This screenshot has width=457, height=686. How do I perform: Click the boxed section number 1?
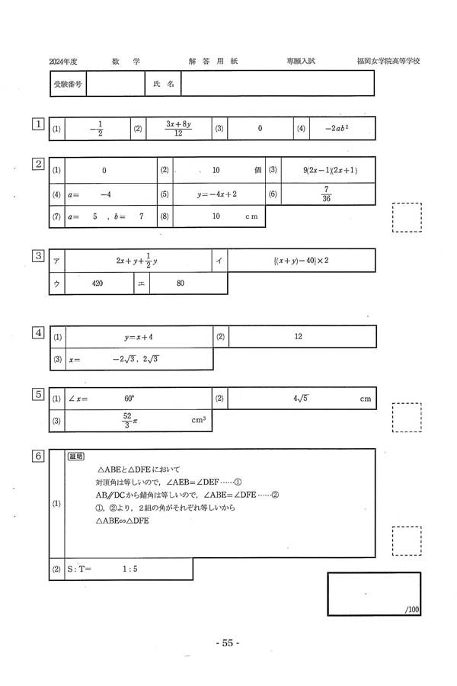37,123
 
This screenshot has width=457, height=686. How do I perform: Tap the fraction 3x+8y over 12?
177,129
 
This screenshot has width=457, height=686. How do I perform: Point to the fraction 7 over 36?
326,194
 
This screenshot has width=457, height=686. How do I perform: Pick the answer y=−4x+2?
217,194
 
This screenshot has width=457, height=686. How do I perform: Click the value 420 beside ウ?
97,283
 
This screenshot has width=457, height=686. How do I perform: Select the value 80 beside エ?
180,283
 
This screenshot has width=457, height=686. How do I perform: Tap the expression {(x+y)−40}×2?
300,261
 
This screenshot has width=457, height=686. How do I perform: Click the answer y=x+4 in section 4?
139,336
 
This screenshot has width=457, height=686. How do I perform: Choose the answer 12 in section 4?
299,336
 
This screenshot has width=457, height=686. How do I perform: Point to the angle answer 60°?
129,398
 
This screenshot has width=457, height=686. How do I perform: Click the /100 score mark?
412,608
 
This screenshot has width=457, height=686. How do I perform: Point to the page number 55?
228,643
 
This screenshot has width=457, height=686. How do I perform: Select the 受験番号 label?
67,85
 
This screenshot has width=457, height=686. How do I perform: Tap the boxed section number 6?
37,456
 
